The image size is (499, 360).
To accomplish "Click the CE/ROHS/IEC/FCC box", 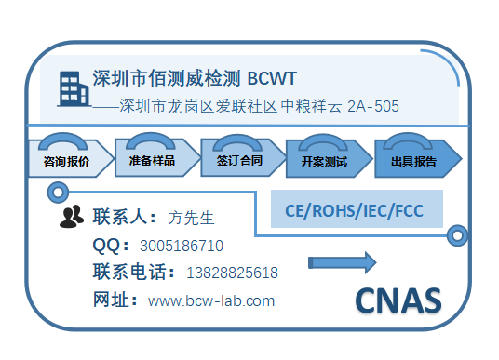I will [x=357, y=209].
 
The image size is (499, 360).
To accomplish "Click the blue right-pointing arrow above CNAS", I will [x=342, y=262].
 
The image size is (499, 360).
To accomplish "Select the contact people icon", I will [x=72, y=218].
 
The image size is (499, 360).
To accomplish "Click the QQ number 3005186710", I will [x=182, y=247].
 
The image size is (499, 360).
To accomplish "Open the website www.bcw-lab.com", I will [x=211, y=300].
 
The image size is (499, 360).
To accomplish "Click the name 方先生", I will [x=192, y=219].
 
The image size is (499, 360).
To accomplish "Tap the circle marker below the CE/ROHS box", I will [x=457, y=236].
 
